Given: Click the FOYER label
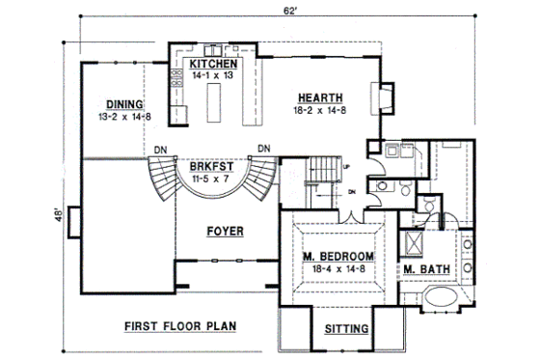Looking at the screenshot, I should [x=224, y=232].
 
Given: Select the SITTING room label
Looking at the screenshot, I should [x=346, y=330].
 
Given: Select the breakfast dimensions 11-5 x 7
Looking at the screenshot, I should [x=208, y=179].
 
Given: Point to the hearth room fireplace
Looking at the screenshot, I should [x=385, y=96].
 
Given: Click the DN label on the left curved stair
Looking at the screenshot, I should [x=160, y=150].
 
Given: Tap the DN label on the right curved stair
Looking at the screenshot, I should [x=261, y=150].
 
